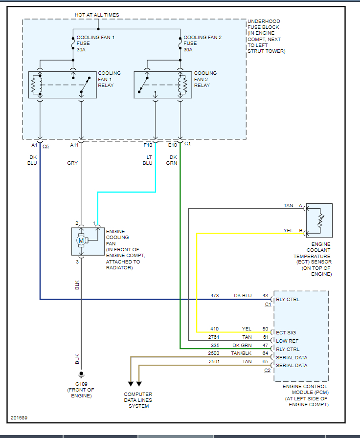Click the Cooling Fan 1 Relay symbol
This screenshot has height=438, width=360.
(62, 85)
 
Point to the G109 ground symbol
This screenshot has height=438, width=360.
(81, 376)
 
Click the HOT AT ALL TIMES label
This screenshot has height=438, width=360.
(97, 15)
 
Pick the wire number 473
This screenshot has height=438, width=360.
(214, 296)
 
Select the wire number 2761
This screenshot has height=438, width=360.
(214, 337)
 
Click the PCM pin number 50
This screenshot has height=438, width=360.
(265, 329)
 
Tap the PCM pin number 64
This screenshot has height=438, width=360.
(265, 353)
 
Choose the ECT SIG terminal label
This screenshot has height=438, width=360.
(286, 333)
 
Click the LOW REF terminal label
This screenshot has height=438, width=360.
(287, 341)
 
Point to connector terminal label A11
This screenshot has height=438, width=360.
(74, 145)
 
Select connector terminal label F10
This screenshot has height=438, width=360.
(148, 145)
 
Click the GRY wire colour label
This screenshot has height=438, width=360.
(72, 163)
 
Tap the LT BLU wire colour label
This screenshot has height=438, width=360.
(148, 160)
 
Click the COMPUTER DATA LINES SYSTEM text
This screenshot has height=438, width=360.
(138, 400)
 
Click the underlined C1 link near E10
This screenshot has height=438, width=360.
(188, 144)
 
